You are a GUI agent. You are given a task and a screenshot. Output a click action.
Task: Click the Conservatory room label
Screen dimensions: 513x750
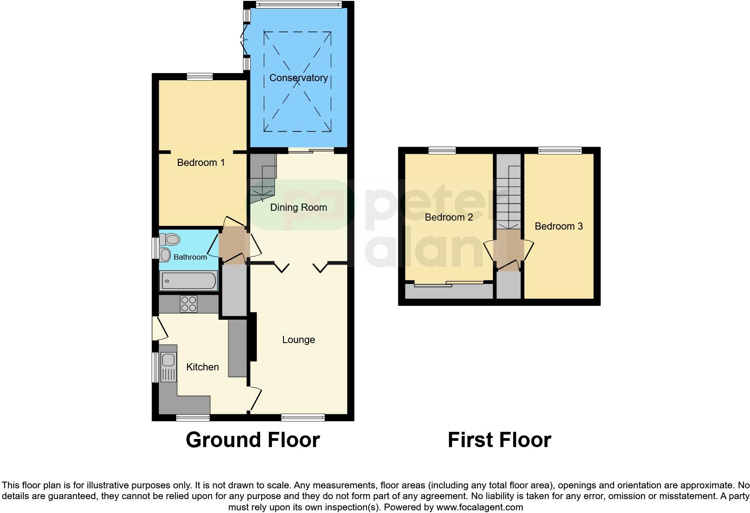coord(298,78)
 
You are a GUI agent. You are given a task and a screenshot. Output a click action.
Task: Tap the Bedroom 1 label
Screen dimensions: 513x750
coord(201,162)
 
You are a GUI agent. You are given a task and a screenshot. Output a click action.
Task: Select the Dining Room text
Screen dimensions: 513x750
coord(298,207)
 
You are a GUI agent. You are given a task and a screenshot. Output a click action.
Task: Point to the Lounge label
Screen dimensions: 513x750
coord(298,340)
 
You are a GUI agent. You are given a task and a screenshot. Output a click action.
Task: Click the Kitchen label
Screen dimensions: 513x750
coord(202,367)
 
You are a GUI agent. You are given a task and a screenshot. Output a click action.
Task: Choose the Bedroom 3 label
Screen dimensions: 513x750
coord(558,226)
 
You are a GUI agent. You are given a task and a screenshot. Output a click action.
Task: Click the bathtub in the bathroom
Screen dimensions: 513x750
coord(189,281)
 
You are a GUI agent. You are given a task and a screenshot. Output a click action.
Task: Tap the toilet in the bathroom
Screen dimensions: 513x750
coord(170,239)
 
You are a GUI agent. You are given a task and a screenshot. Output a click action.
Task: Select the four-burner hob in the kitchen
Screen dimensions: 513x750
coord(188,304)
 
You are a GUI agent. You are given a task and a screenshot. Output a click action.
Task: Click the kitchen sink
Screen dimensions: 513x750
coord(168,360)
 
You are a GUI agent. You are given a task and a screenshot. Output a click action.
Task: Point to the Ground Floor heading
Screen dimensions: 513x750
coord(253,440)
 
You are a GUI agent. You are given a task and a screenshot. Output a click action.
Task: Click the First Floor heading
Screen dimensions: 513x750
coord(499,440)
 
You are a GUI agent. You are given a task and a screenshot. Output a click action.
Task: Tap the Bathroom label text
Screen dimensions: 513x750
coord(190,257)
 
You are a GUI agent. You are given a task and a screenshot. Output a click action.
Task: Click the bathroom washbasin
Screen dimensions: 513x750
coord(166,255)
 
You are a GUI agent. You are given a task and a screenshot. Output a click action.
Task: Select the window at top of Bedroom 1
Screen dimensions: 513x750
coord(200,77)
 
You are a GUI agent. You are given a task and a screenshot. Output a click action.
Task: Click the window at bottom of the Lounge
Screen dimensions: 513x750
coord(303,417)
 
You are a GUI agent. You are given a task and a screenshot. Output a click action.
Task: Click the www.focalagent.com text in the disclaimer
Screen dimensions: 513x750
coord(480,508)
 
